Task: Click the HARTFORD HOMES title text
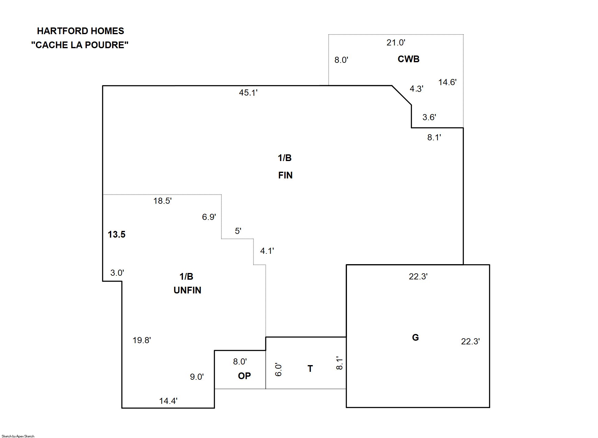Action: click(80, 31)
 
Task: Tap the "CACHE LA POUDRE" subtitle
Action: click(80, 45)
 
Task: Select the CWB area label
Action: click(408, 59)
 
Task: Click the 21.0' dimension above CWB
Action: click(396, 43)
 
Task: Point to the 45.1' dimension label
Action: click(248, 93)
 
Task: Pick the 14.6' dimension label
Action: click(447, 82)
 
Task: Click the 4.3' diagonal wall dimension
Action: click(416, 89)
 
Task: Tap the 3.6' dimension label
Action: click(429, 117)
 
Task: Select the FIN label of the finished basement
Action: click(285, 175)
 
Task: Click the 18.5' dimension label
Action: click(162, 201)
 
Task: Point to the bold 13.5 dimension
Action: click(116, 235)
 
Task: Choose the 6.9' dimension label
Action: click(209, 217)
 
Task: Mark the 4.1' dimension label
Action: click(267, 251)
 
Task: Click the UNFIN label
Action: click(187, 290)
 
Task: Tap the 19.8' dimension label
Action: click(142, 340)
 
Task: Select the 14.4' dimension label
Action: click(168, 401)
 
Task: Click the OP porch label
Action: click(244, 376)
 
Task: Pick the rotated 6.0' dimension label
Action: click(278, 370)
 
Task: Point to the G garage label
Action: click(415, 337)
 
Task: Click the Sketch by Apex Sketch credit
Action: click(18, 436)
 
